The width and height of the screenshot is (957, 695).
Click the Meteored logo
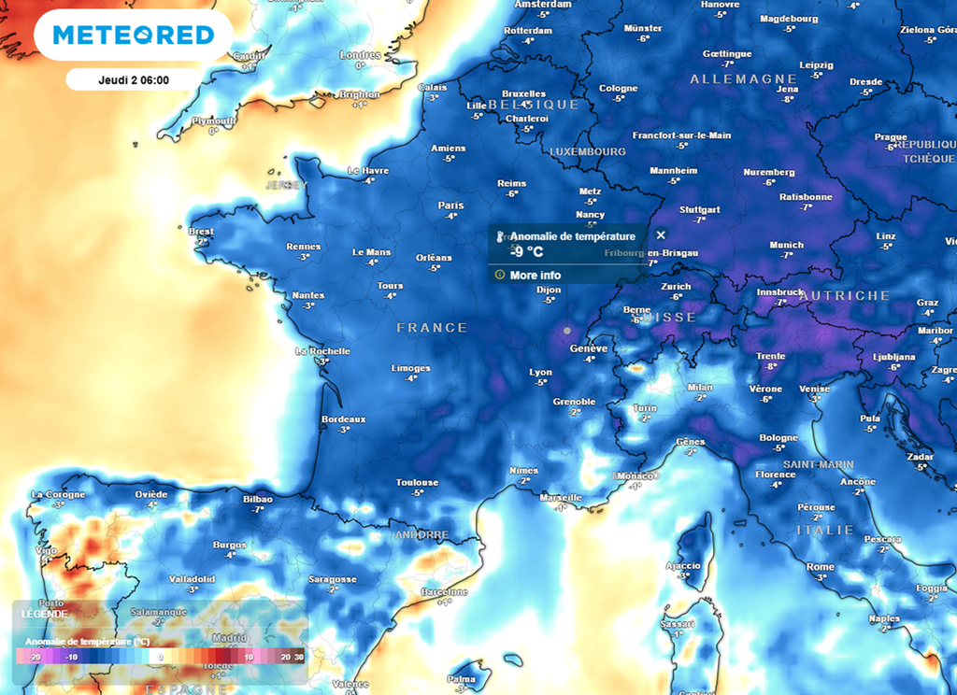click(133, 35)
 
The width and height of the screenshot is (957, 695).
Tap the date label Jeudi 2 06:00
click(133, 79)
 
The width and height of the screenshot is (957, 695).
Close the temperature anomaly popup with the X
click(661, 235)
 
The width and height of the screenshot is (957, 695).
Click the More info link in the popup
click(536, 276)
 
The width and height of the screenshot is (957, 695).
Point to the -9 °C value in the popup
click(526, 252)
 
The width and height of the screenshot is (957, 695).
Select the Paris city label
click(450, 206)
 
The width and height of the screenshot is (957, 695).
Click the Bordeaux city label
click(343, 419)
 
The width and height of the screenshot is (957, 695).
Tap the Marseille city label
click(561, 498)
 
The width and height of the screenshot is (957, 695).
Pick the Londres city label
click(360, 55)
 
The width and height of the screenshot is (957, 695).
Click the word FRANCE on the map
click(432, 328)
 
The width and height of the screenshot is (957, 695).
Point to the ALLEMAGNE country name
click(744, 79)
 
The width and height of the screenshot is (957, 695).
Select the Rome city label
click(820, 567)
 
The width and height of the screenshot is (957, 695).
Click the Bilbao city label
click(257, 500)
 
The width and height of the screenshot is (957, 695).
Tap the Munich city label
click(786, 245)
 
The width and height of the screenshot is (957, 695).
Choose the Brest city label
click(201, 232)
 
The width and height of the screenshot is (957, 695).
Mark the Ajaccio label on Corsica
click(682, 566)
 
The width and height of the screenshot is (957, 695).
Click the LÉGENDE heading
click(44, 614)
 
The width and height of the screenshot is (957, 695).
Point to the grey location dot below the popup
click(566, 330)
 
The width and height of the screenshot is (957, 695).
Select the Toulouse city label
click(417, 483)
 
